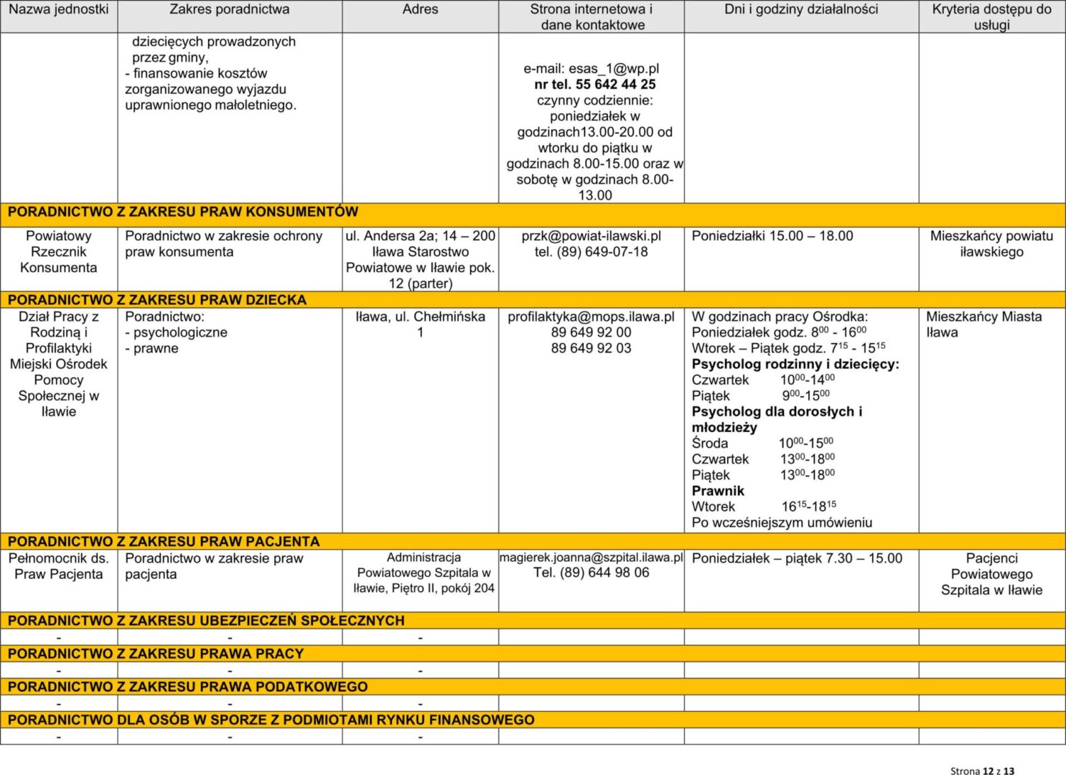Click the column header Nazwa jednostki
click(x=59, y=9)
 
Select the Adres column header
click(x=420, y=9)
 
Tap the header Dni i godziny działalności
click(x=801, y=9)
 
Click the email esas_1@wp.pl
click(x=591, y=69)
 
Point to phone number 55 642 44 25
click(x=615, y=85)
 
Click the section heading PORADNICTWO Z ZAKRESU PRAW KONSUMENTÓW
click(x=183, y=212)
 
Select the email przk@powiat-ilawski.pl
click(x=591, y=236)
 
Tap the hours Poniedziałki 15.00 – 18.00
click(x=772, y=236)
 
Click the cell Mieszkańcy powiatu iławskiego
click(x=991, y=244)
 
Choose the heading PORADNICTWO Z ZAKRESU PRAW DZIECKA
click(x=157, y=300)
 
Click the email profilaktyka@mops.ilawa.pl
click(x=591, y=316)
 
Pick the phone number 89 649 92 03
click(x=591, y=348)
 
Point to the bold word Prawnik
click(x=718, y=491)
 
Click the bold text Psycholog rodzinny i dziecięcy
click(x=795, y=364)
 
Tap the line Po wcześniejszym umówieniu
click(x=782, y=522)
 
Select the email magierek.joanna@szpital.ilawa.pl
click(x=591, y=558)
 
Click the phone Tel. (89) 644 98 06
click(x=591, y=573)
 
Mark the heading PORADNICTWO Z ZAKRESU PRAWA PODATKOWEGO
click(x=187, y=687)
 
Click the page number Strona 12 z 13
click(x=982, y=771)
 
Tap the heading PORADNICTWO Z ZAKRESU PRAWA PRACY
click(x=156, y=654)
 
